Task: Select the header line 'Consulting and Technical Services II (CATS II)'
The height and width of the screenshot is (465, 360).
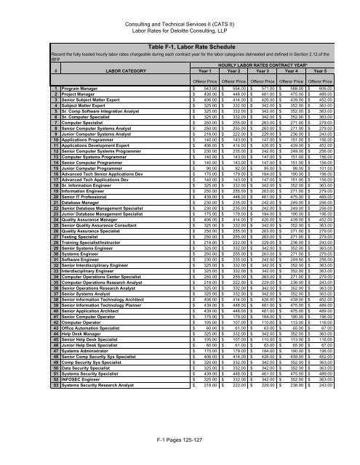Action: coord(180,6)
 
